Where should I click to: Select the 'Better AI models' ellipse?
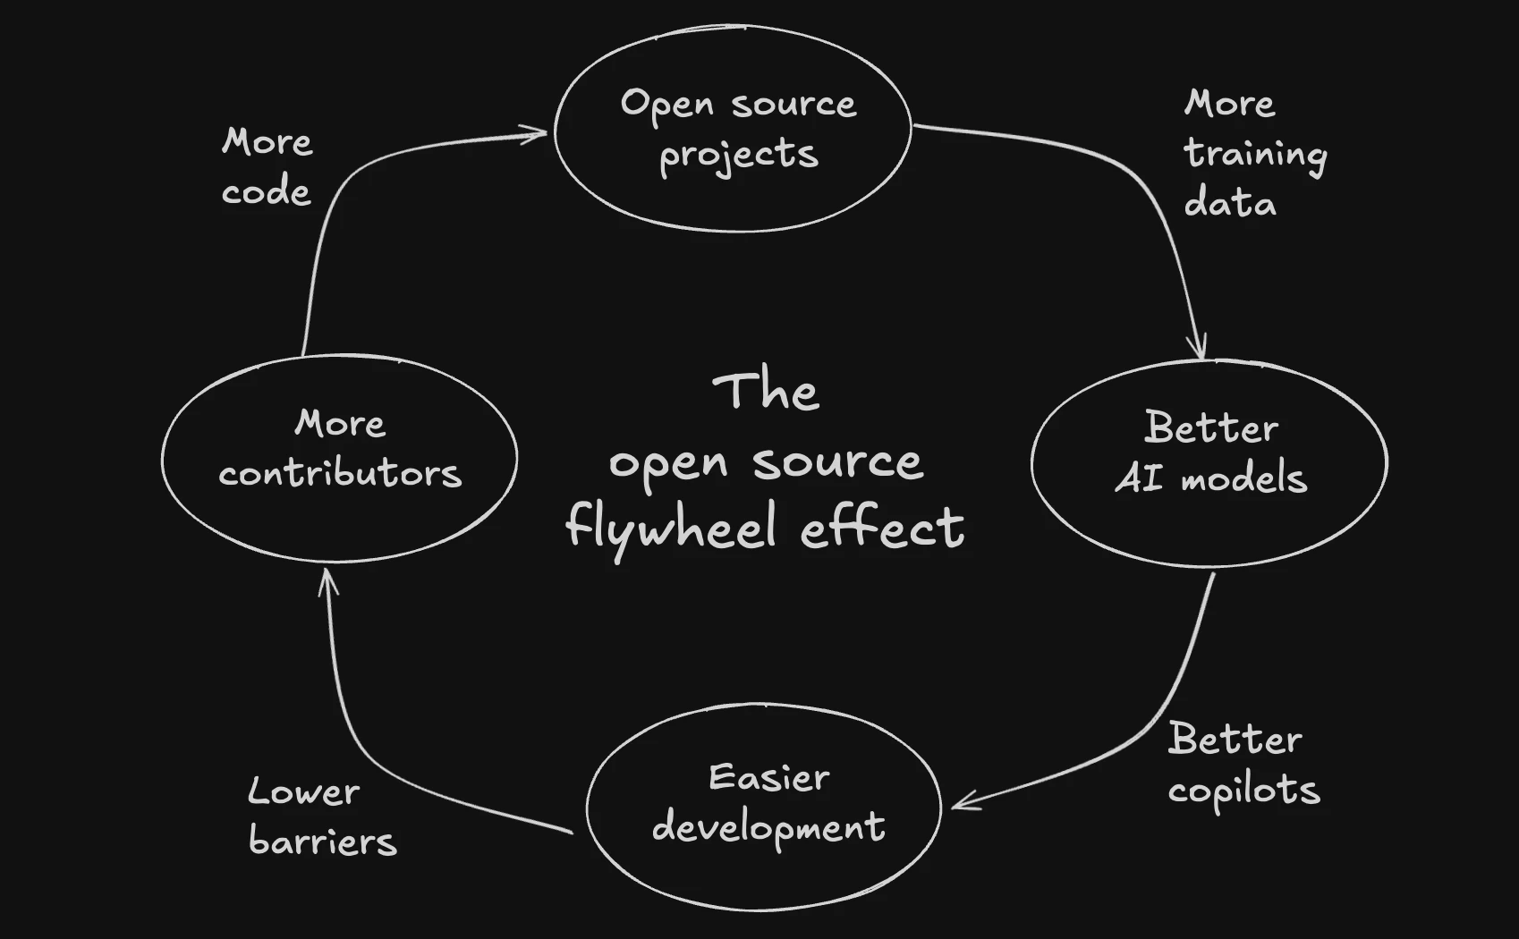pos(1209,462)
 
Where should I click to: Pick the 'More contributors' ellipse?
pos(340,459)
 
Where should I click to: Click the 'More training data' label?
pos(1254,154)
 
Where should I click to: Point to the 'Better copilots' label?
pos(1243,765)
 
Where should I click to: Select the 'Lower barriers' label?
pos(321,816)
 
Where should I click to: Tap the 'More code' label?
pos(267,167)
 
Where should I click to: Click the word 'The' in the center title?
pos(766,392)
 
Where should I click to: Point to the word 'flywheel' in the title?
pos(671,528)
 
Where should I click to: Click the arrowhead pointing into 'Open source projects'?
pos(541,134)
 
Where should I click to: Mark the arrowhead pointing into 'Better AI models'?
pos(1199,351)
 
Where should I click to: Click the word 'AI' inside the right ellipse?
pos(1140,479)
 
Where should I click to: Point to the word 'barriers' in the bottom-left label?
pos(322,842)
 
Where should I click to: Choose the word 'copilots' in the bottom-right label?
pos(1243,791)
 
